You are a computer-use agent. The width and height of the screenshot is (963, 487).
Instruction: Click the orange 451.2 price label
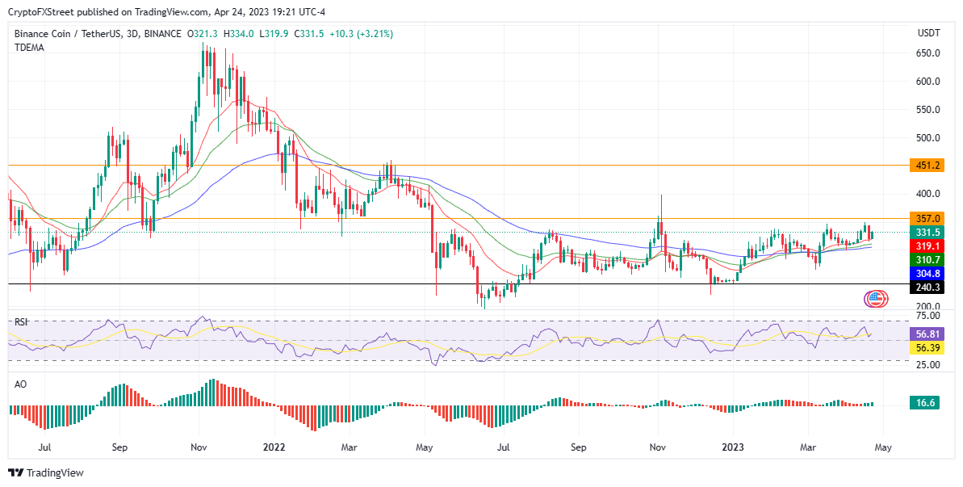click(925, 166)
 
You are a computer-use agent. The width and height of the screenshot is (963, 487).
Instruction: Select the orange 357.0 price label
click(925, 219)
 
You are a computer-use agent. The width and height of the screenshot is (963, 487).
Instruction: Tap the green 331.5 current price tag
click(925, 233)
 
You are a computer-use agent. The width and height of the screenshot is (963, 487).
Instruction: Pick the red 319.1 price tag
click(925, 246)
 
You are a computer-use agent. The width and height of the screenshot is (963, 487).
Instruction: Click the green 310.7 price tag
click(925, 260)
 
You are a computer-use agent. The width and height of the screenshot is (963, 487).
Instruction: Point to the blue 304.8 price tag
click(925, 274)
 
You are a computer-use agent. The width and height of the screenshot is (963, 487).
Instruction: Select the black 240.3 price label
click(925, 287)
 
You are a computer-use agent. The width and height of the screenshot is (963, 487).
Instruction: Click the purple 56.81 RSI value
click(925, 334)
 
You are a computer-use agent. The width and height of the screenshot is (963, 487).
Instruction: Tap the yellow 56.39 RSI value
click(925, 347)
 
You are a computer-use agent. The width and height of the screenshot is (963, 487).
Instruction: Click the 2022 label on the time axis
click(274, 447)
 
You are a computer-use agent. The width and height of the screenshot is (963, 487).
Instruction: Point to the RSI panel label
click(21, 321)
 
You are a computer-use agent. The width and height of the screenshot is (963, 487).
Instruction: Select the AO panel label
click(21, 384)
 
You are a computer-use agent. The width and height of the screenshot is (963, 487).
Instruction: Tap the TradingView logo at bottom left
click(46, 472)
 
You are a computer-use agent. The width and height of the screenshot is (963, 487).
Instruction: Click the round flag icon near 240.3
click(876, 299)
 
